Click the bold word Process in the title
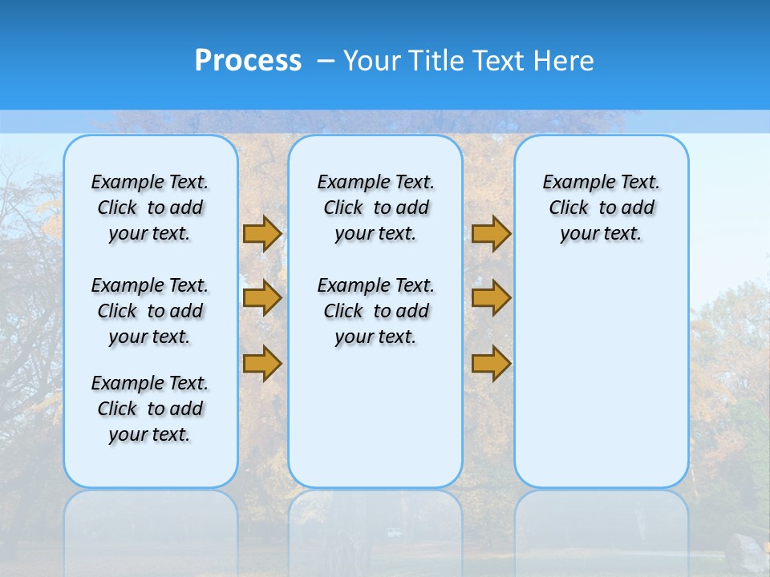pyautogui.click(x=248, y=61)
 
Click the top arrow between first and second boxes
pyautogui.click(x=262, y=233)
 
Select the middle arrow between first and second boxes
pyautogui.click(x=262, y=298)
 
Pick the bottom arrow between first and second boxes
pyautogui.click(x=262, y=363)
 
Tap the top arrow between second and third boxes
pyautogui.click(x=491, y=233)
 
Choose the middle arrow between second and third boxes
pyautogui.click(x=491, y=298)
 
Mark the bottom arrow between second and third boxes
pyautogui.click(x=491, y=363)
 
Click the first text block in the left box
pyautogui.click(x=150, y=208)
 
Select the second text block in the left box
pyautogui.click(x=150, y=311)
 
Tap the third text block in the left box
pyautogui.click(x=150, y=409)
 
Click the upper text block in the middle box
pyautogui.click(x=375, y=208)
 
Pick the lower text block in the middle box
pyautogui.click(x=375, y=311)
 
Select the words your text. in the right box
pyautogui.click(x=601, y=234)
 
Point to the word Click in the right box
pyautogui.click(x=569, y=208)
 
